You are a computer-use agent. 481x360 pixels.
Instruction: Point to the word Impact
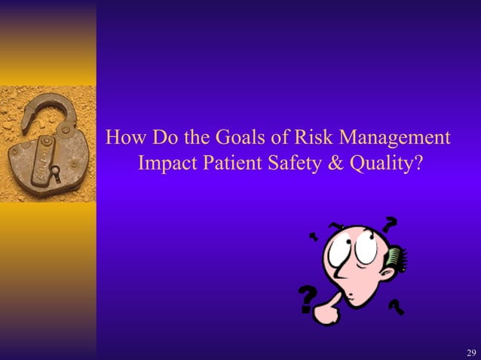(167, 163)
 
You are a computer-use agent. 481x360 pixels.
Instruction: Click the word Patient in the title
(231, 163)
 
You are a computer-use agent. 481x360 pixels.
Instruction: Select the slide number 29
(471, 352)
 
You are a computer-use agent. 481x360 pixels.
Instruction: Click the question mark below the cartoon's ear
(395, 307)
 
